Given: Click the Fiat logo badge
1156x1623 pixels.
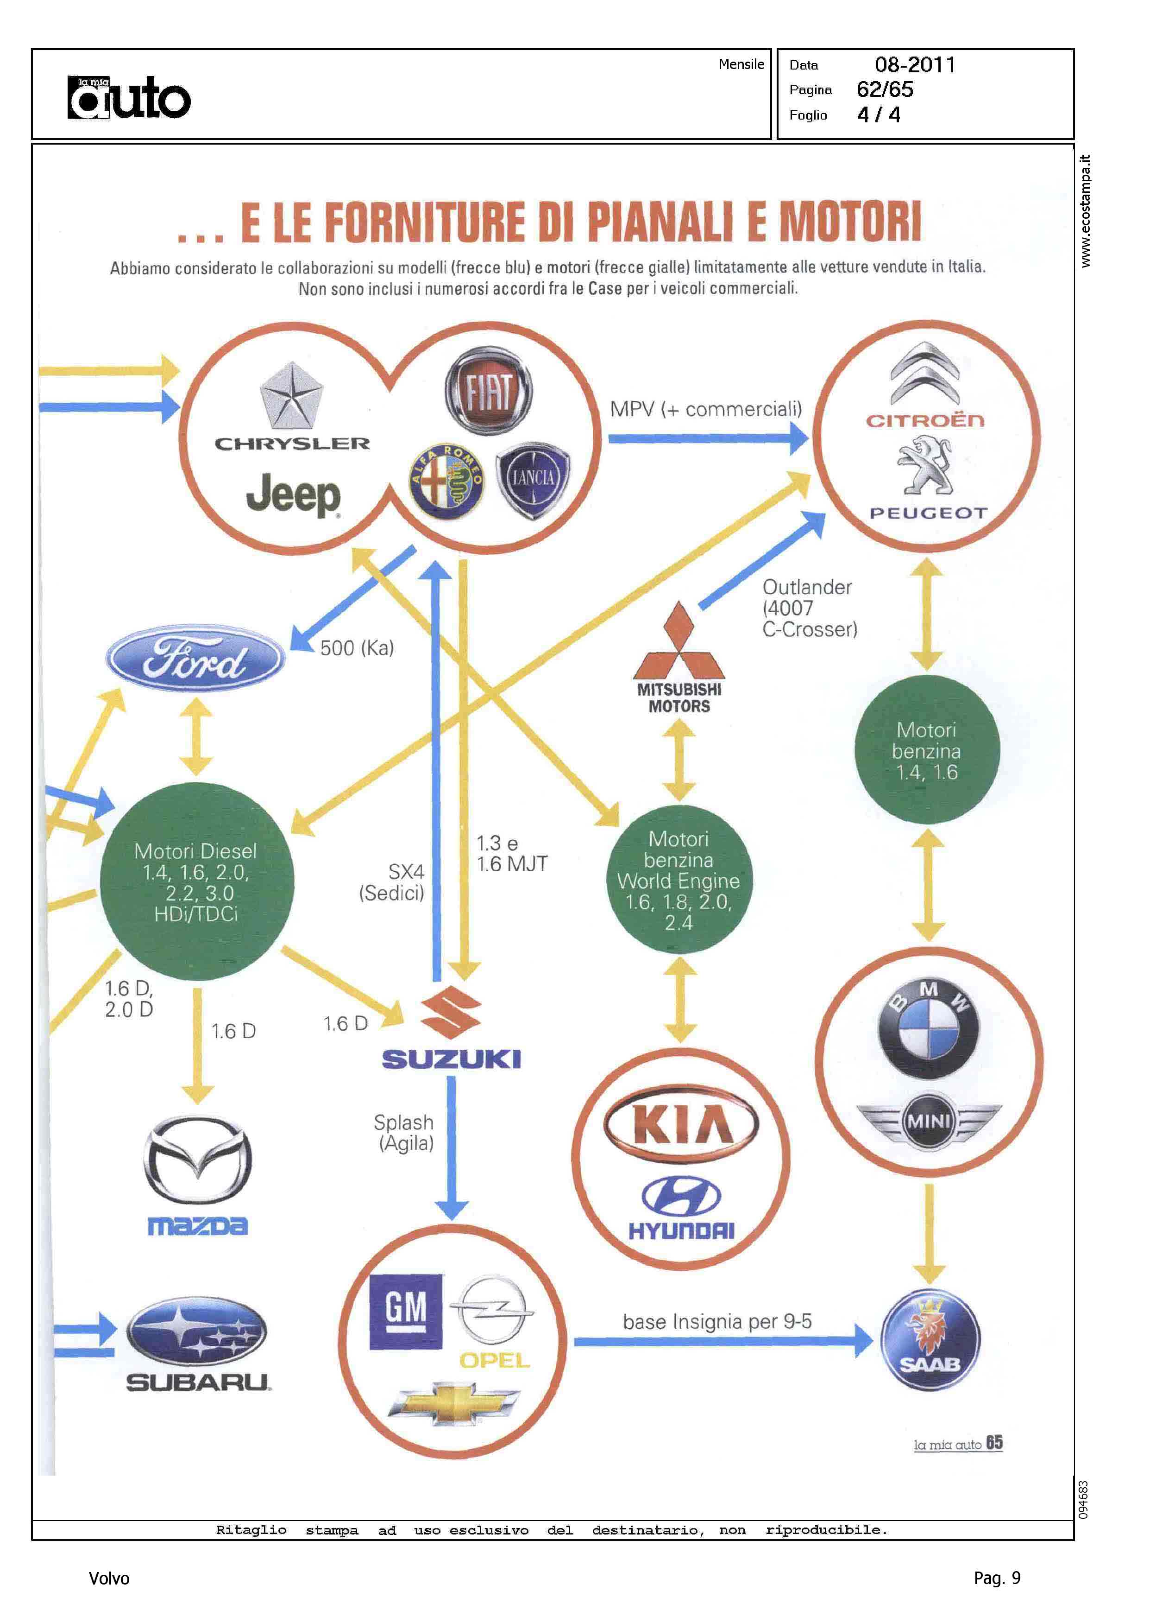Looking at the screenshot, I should tap(488, 391).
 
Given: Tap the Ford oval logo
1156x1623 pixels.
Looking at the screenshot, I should tap(196, 659).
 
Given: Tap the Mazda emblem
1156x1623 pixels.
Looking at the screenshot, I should tap(198, 1160).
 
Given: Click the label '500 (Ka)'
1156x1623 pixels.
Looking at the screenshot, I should tap(357, 648).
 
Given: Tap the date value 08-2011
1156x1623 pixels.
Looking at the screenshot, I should tap(915, 65).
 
